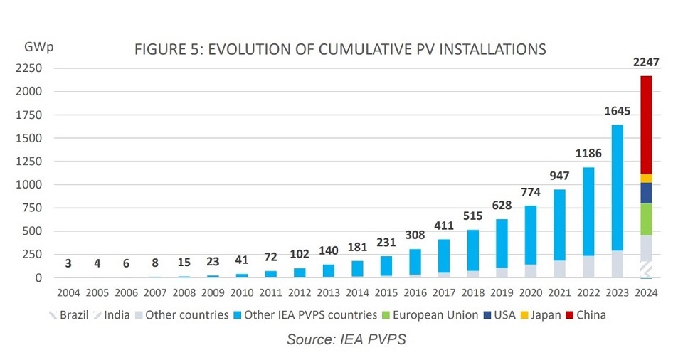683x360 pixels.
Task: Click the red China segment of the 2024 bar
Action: (646, 125)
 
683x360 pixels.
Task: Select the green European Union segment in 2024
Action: (646, 219)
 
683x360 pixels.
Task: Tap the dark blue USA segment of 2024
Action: (646, 193)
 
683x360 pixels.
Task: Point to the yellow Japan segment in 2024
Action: (646, 178)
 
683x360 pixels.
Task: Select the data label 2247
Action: (646, 63)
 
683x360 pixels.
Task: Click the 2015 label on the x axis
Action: (386, 292)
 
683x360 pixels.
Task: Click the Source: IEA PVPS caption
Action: (346, 339)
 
